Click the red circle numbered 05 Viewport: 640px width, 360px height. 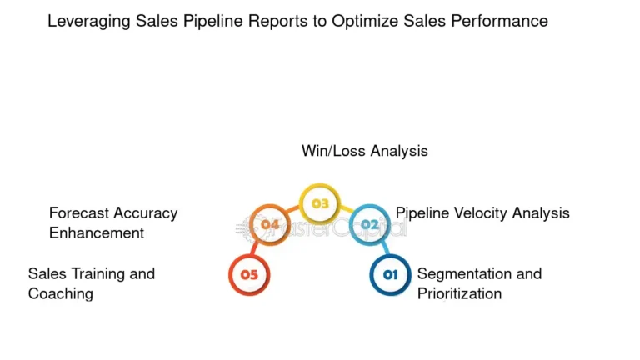tap(249, 274)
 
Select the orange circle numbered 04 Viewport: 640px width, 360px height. tap(269, 224)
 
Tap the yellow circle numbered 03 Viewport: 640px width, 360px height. tap(320, 203)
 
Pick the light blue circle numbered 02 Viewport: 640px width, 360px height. tap(369, 224)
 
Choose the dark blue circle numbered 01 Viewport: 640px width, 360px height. tap(391, 274)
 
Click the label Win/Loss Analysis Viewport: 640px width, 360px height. tap(364, 151)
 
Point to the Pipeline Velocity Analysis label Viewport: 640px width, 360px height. tap(482, 212)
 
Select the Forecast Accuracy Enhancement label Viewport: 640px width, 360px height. tap(112, 222)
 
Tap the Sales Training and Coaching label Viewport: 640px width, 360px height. tap(91, 283)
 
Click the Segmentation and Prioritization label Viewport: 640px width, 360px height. tap(479, 283)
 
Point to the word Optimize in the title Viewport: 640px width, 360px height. tap(366, 22)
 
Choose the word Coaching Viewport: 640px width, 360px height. tap(60, 293)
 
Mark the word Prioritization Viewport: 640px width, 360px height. tap(459, 293)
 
